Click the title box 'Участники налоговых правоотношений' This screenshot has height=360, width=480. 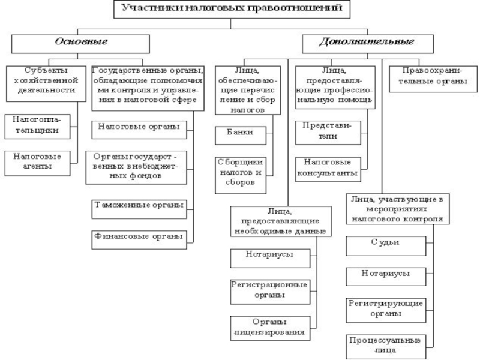pyautogui.click(x=232, y=9)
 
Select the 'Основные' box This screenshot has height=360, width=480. pyautogui.click(x=80, y=44)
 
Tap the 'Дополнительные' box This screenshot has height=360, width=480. pyautogui.click(x=368, y=44)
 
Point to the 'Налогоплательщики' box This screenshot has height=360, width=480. pyautogui.click(x=37, y=127)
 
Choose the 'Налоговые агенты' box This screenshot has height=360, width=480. pyautogui.click(x=37, y=163)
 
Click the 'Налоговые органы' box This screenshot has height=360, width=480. pyautogui.click(x=139, y=130)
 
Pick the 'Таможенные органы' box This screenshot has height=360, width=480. pyautogui.click(x=139, y=209)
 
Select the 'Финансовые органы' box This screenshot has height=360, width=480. pyautogui.click(x=139, y=239)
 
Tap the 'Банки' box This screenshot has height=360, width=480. pyautogui.click(x=241, y=136)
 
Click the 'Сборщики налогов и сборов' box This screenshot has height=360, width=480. pyautogui.click(x=241, y=175)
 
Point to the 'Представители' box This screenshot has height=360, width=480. pyautogui.click(x=328, y=133)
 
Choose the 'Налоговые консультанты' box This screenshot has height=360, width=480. pyautogui.click(x=328, y=169)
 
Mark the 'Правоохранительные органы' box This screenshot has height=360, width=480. pyautogui.click(x=433, y=79)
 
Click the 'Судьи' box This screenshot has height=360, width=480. pyautogui.click(x=386, y=246)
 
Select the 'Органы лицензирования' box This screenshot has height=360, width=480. pyautogui.click(x=270, y=328)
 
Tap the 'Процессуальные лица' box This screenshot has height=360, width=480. pyautogui.click(x=386, y=347)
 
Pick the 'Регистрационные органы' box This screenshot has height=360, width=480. pyautogui.click(x=270, y=292)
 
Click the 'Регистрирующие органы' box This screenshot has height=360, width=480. pyautogui.click(x=386, y=310)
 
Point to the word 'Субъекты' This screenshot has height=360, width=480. pyautogui.click(x=46, y=70)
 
